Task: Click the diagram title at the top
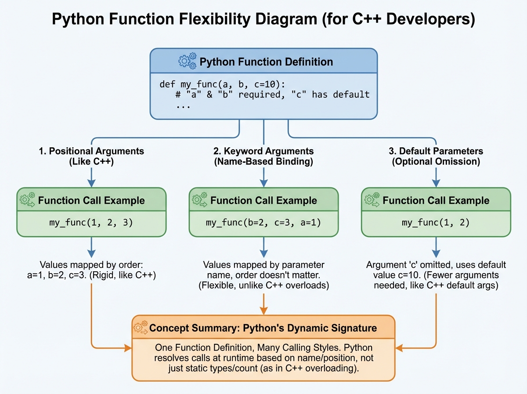click(263, 20)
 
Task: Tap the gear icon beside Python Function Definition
click(187, 61)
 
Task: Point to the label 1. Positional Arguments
click(91, 151)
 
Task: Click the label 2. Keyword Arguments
click(263, 151)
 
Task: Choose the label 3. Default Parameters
click(436, 151)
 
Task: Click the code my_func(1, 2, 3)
click(91, 223)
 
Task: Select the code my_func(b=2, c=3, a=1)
click(263, 223)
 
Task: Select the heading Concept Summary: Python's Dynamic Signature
click(263, 328)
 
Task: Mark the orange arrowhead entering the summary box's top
click(263, 311)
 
